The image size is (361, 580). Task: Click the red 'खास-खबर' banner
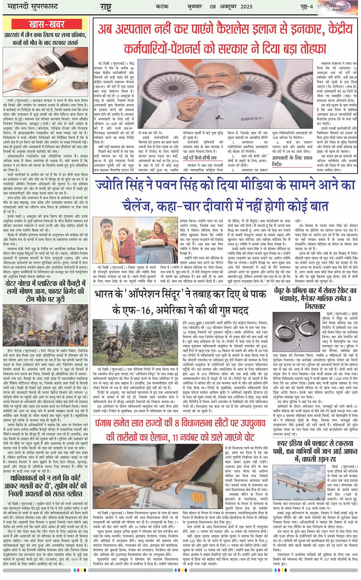[x=47, y=24]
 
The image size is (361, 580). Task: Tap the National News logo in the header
[x=337, y=8]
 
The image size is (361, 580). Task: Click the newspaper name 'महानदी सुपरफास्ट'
[x=28, y=7]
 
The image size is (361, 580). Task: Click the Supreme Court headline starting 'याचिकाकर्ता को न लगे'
[x=45, y=485]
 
